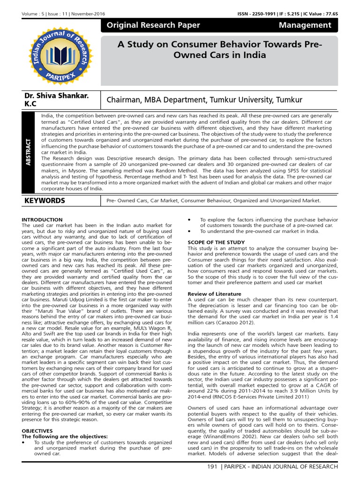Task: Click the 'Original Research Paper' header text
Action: [153, 25]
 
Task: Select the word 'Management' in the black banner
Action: [305, 25]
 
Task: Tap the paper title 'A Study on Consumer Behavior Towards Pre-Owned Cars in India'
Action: [220, 49]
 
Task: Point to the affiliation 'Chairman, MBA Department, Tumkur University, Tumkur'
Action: [204, 99]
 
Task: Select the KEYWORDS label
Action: [45, 201]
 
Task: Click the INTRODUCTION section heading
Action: [42, 220]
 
